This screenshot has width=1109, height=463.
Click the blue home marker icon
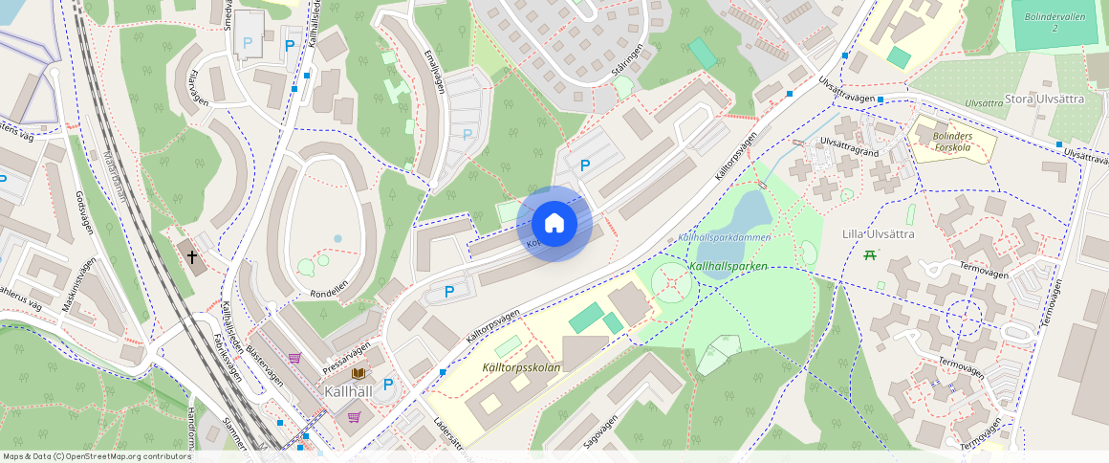554,224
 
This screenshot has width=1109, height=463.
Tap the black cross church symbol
192,256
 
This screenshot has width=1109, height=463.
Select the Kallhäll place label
348,391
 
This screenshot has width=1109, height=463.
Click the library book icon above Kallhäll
358,372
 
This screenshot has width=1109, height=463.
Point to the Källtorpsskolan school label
514,367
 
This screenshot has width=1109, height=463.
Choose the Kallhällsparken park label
728,265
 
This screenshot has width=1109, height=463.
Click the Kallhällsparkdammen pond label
723,236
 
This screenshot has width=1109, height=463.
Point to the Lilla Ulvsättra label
879,233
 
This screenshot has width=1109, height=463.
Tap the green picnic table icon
870,254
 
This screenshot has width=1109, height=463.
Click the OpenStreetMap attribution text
96,456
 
